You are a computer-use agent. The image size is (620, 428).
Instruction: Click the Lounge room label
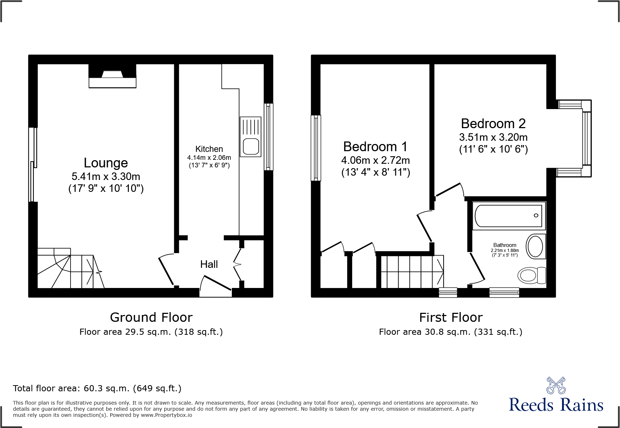point(105,163)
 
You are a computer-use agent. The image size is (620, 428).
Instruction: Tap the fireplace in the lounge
point(112,76)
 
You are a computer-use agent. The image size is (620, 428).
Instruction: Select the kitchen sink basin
point(251,146)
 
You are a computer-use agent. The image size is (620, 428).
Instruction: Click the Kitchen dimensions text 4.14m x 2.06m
point(209,158)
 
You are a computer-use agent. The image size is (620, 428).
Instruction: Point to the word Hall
point(209,264)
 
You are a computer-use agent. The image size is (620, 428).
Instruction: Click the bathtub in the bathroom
point(508,216)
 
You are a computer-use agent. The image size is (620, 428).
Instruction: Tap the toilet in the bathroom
point(531,275)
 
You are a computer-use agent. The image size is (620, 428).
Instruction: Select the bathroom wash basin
point(535,247)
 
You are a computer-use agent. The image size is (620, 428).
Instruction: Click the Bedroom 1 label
point(375,147)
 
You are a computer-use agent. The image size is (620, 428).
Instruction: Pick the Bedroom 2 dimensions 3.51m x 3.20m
point(493,137)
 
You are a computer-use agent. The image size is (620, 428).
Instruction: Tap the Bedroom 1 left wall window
point(316,148)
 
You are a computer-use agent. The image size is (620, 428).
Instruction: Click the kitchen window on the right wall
point(268,137)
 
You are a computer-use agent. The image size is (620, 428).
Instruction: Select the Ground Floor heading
point(151,317)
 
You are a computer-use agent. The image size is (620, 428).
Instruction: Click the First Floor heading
point(450,317)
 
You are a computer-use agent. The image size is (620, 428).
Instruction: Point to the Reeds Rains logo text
point(556,405)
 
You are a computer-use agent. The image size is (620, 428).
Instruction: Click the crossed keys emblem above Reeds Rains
point(556,386)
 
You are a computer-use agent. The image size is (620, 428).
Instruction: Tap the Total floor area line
point(97,388)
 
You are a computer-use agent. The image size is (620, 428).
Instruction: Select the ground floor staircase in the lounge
point(68,270)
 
